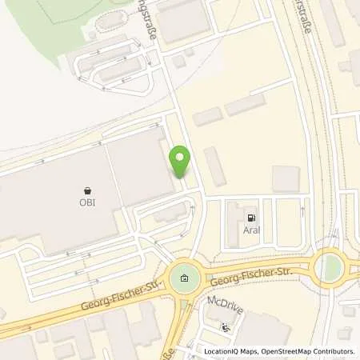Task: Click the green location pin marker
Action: click(181, 162)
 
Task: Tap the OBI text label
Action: click(86, 202)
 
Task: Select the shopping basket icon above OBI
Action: click(86, 190)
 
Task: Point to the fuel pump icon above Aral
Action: click(251, 216)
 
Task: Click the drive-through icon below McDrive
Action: click(224, 327)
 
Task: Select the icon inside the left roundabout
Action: click(185, 278)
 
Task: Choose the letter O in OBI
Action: click(82, 202)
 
